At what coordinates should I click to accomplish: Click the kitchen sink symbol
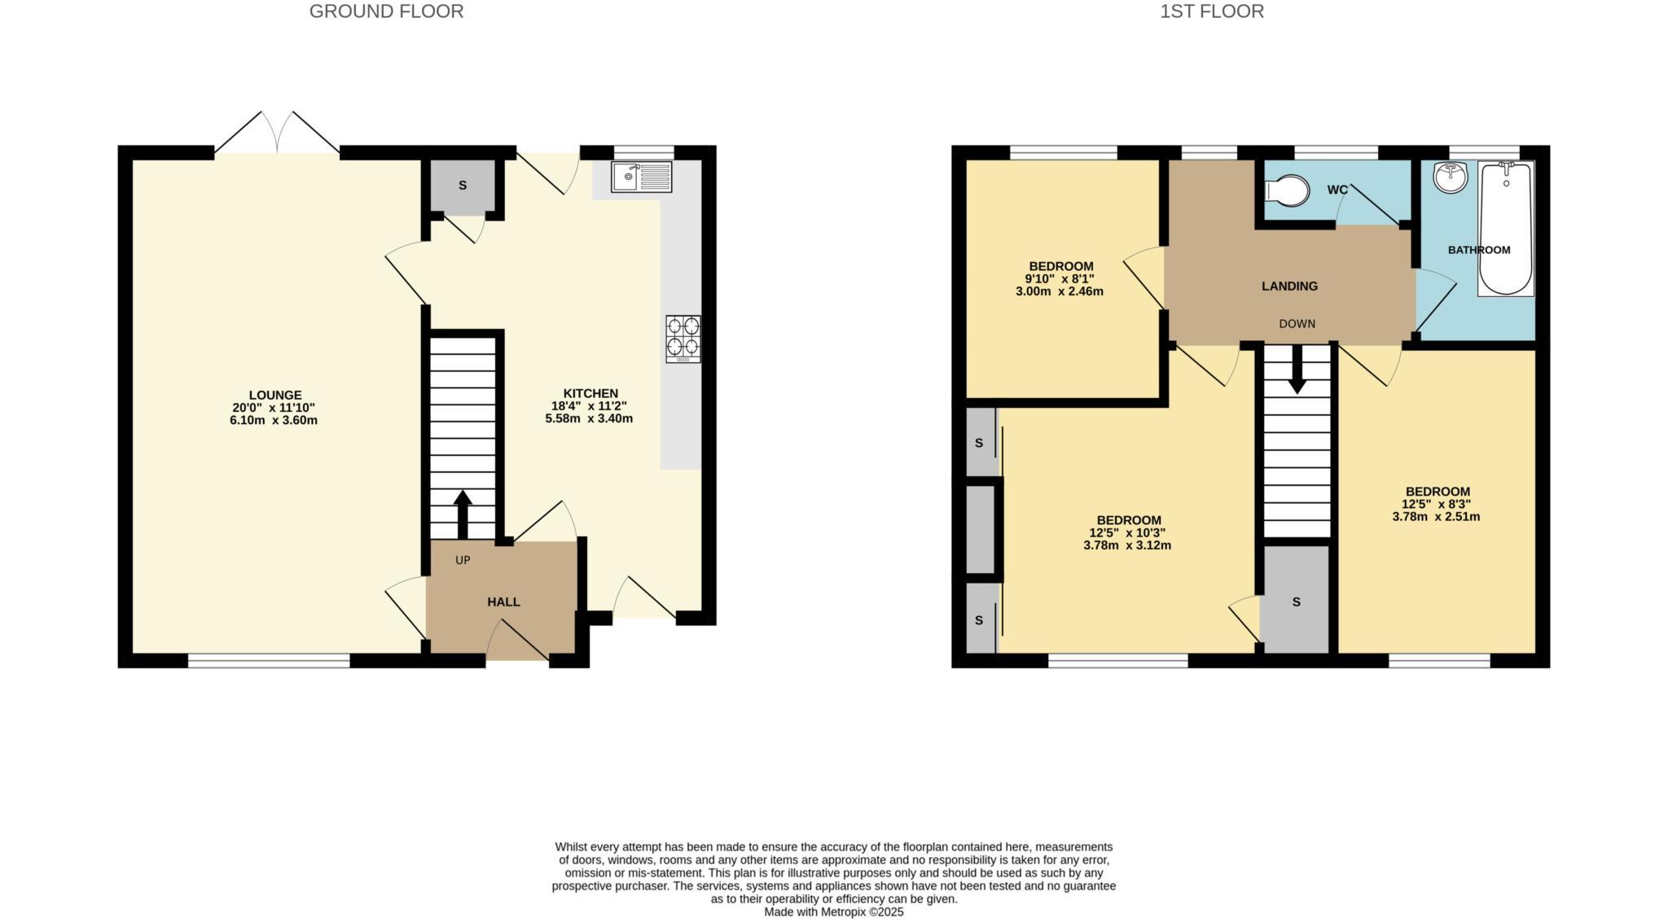[x=641, y=176]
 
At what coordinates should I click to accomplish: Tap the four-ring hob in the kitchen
[x=683, y=339]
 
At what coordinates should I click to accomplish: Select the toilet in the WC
[x=1287, y=191]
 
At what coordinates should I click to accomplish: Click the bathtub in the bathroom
[x=1505, y=228]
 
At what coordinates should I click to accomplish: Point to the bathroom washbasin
[x=1450, y=177]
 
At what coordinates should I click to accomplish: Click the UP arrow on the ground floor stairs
[x=463, y=513]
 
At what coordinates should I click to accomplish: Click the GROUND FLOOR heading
[x=386, y=11]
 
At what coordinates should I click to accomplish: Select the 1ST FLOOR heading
[x=1212, y=11]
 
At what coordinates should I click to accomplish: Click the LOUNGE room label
[x=275, y=396]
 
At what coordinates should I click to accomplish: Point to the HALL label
[x=503, y=602]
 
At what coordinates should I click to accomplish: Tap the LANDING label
[x=1289, y=287]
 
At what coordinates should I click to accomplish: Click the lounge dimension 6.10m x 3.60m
[x=274, y=421]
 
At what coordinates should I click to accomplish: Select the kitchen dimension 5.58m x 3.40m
[x=589, y=419]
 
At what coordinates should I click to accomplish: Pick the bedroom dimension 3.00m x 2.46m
[x=1060, y=291]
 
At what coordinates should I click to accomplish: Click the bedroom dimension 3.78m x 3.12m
[x=1127, y=545]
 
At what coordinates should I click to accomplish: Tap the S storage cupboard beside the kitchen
[x=463, y=186]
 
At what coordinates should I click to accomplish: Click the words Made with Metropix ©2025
[x=833, y=912]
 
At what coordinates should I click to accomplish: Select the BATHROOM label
[x=1479, y=250]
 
